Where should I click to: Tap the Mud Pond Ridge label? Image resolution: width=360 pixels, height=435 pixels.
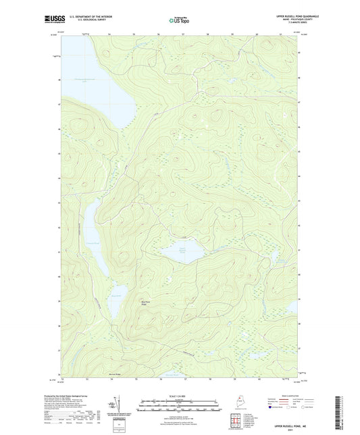click(146, 303)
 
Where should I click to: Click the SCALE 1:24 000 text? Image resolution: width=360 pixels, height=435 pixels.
click(180, 395)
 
